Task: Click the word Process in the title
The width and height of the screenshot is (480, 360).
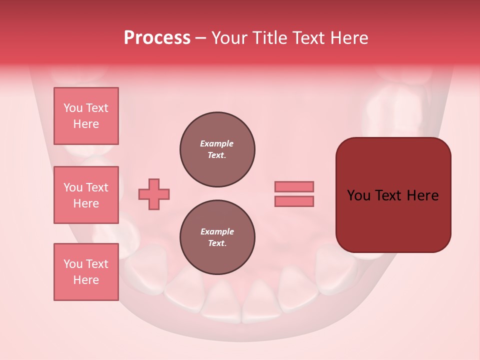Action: [x=157, y=38]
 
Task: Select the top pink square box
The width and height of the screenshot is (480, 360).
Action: [x=86, y=116]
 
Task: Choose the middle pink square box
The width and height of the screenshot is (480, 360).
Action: [x=86, y=195]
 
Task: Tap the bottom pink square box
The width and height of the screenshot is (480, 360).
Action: [x=86, y=272]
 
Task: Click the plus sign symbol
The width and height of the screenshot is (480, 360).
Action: [x=154, y=194]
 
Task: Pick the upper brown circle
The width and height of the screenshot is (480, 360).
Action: [x=217, y=149]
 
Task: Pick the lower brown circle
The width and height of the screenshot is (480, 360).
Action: [x=217, y=237]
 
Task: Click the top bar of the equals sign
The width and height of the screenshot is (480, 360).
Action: [x=294, y=186]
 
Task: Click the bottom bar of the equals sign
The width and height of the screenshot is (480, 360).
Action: [x=294, y=201]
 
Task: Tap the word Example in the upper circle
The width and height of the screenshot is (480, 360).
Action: [x=216, y=143]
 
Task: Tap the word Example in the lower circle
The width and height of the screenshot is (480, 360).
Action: [x=217, y=231]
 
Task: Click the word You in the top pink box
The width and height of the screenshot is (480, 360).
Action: [x=72, y=108]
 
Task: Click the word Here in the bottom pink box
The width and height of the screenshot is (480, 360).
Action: [x=86, y=280]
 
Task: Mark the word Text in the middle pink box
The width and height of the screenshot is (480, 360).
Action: [x=97, y=187]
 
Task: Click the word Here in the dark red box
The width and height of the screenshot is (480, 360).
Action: [x=422, y=195]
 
